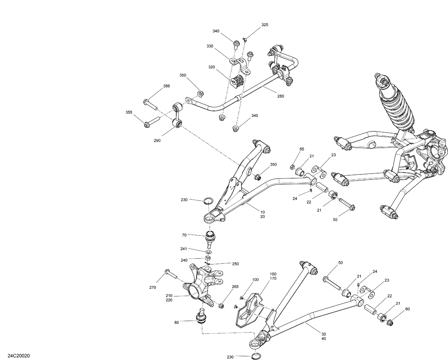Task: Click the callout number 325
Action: point(265,25)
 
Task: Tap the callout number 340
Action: point(216,31)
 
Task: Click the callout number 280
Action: point(280,96)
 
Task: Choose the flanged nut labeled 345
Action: point(236,129)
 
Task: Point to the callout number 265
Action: point(235,287)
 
